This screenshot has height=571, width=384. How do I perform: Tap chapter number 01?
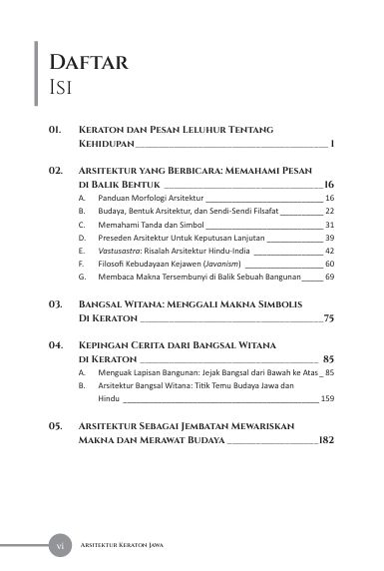coord(56,131)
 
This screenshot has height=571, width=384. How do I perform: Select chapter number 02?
coord(56,172)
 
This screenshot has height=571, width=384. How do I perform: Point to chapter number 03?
coord(56,301)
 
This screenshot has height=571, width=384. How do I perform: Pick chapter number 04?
coord(56,342)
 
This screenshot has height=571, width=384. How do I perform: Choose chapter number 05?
coord(56,425)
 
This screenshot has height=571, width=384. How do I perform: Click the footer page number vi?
coord(58,545)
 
